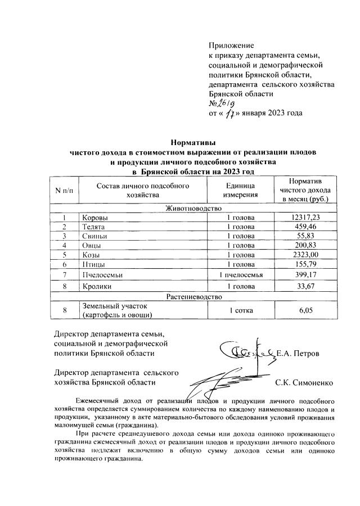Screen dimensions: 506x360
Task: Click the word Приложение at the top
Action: (x=231, y=45)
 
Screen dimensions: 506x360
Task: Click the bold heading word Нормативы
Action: (x=193, y=143)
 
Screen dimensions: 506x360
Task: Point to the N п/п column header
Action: (x=64, y=190)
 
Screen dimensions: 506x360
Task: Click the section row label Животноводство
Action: (x=193, y=208)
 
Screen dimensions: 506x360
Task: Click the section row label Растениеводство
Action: (x=193, y=296)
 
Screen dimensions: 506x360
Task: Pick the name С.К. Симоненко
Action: (x=304, y=382)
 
